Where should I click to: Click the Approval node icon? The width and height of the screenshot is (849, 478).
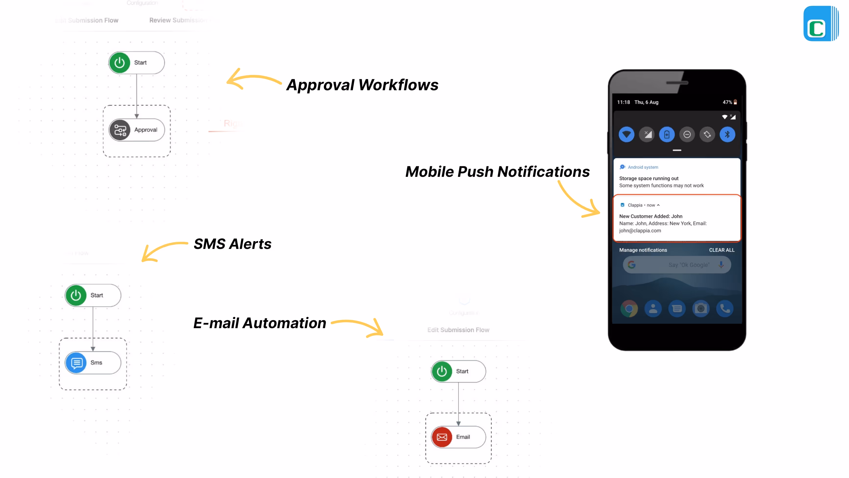(120, 130)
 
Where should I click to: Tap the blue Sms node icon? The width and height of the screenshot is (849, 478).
(76, 362)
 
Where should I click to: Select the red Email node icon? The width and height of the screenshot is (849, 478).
(442, 437)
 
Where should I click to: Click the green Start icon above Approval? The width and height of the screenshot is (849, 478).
(120, 63)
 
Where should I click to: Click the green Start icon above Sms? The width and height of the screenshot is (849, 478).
(76, 295)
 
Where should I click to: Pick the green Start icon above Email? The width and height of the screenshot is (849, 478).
(442, 372)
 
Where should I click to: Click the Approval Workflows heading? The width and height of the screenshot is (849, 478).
(362, 85)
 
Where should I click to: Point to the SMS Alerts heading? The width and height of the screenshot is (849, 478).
(232, 244)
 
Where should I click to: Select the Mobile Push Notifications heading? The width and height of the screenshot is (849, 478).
(497, 171)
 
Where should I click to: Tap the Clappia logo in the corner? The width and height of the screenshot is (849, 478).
(820, 24)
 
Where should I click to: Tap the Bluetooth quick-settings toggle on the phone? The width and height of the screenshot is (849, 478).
(727, 135)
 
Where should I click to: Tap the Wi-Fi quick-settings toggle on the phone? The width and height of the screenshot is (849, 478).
(626, 135)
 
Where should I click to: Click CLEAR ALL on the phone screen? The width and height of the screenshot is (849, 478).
(722, 250)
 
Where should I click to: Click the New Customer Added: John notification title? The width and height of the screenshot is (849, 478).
(650, 216)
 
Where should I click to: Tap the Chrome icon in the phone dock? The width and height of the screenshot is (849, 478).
(629, 309)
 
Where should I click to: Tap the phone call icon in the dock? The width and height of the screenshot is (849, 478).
(725, 309)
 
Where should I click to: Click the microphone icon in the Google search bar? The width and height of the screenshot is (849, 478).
(721, 265)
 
